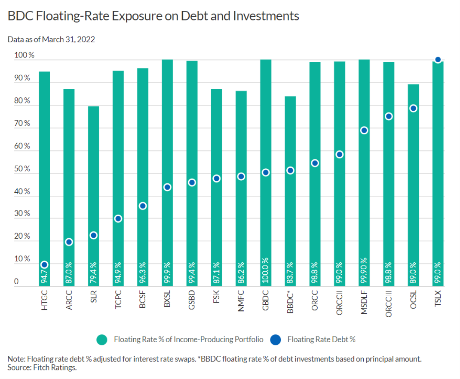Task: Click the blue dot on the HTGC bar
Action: click(44, 264)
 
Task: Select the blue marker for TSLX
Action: click(438, 60)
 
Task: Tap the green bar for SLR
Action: click(93, 172)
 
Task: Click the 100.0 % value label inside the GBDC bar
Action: click(266, 271)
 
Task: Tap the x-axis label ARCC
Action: click(69, 301)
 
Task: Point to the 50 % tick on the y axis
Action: click(22, 169)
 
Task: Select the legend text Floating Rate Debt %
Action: click(321, 340)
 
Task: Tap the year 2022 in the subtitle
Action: click(86, 39)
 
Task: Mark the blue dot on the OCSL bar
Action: click(413, 108)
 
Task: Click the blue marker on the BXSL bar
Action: click(167, 187)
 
